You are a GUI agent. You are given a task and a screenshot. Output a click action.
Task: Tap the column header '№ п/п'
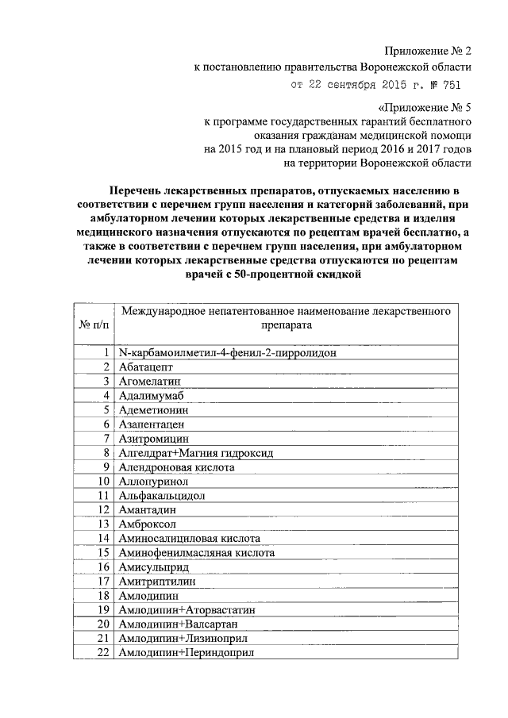pyautogui.click(x=93, y=324)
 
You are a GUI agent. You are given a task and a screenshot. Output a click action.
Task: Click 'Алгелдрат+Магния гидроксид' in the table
pyautogui.click(x=194, y=452)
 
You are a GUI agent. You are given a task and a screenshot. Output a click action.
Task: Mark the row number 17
pyautogui.click(x=102, y=581)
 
